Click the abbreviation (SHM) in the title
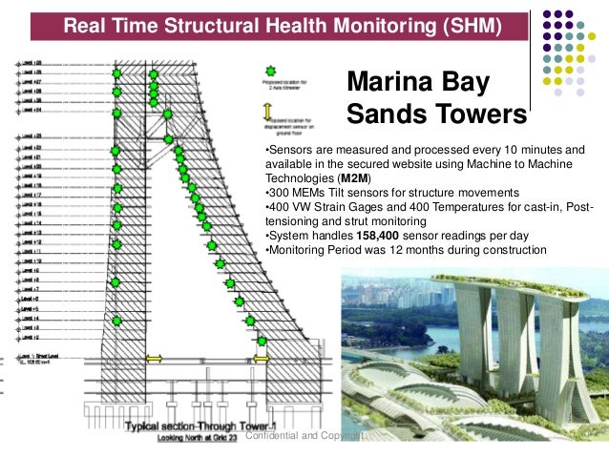pyautogui.click(x=465, y=26)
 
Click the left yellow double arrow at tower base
pyautogui.click(x=153, y=360)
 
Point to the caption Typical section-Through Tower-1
pyautogui.click(x=181, y=426)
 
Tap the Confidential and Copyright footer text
pyautogui.click(x=304, y=436)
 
